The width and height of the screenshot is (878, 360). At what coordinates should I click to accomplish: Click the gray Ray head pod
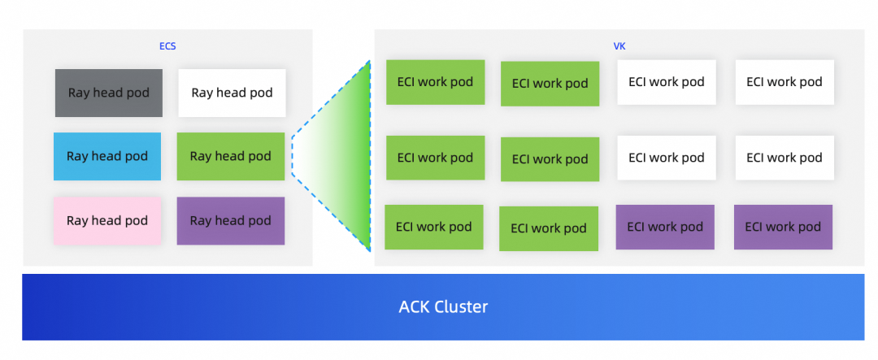coord(109,93)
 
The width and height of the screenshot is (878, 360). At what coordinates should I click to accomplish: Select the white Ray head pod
coord(232,93)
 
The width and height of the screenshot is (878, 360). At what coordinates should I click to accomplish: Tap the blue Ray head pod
coord(107,156)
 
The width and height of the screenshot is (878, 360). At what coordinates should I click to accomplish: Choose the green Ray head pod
coord(231,156)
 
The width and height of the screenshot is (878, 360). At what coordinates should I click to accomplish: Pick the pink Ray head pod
coord(107,220)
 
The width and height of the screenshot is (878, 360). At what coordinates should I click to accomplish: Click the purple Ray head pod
coord(231,220)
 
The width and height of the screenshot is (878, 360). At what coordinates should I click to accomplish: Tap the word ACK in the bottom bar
coord(416,307)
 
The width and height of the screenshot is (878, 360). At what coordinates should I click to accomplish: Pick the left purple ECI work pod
coord(665,227)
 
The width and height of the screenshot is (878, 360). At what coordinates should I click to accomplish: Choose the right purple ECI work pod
coord(783,227)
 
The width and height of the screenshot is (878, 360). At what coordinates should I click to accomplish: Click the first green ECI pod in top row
coord(435,82)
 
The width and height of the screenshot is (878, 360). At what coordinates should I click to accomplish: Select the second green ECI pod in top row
coord(550,83)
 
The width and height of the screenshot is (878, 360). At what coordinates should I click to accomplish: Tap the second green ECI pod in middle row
coord(550,159)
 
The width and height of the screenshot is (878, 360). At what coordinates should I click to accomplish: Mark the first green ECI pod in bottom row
coord(433,227)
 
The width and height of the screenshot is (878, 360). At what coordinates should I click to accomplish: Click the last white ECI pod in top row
coord(785,81)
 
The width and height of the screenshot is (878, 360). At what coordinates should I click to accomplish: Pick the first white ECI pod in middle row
coord(667,158)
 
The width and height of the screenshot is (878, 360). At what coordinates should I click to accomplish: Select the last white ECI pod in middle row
coord(785,158)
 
